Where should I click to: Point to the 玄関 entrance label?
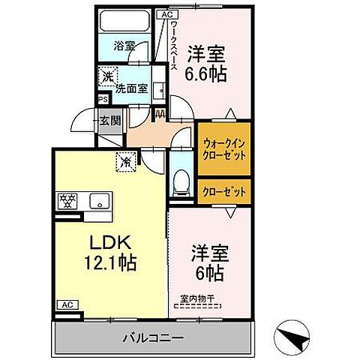[x=109, y=119]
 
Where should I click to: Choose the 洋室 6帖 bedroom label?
[x=207, y=262]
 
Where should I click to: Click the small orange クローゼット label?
[x=224, y=191]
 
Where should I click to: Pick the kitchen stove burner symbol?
[x=68, y=201]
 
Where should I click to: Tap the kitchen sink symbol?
[x=97, y=201]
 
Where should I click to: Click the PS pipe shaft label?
[x=101, y=97]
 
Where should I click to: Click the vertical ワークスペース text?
[x=173, y=46]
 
